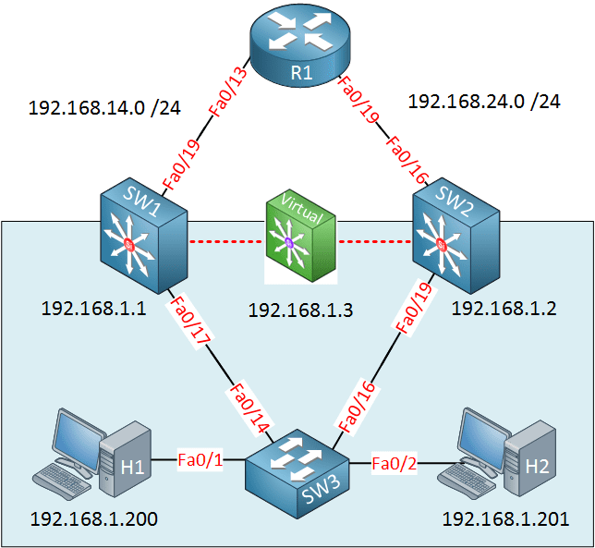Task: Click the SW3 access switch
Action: click(x=294, y=463)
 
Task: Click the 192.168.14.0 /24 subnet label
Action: click(x=104, y=107)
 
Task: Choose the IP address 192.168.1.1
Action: click(x=93, y=309)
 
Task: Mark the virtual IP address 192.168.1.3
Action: click(x=300, y=310)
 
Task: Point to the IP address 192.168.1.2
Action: click(x=503, y=309)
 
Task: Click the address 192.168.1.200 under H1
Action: click(x=93, y=519)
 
